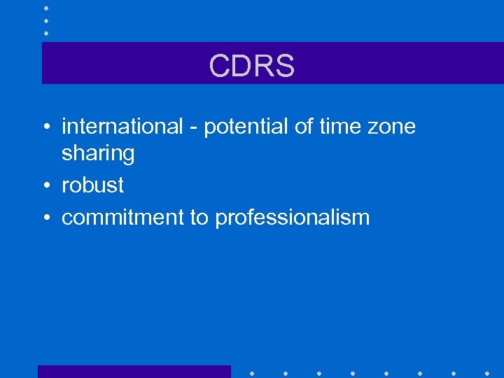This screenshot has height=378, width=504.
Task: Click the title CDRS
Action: point(251,66)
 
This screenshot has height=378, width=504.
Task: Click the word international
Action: point(122,127)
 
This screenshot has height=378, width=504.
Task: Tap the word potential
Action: point(244,127)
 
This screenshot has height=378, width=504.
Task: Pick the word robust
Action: point(92,185)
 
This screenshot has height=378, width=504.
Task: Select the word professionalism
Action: point(292,218)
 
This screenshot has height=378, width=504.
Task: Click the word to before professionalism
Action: point(199,218)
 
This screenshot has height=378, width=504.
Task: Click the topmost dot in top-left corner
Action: point(45,8)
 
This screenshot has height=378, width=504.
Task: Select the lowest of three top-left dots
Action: point(45,32)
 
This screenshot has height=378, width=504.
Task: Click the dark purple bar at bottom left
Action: point(134,371)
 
